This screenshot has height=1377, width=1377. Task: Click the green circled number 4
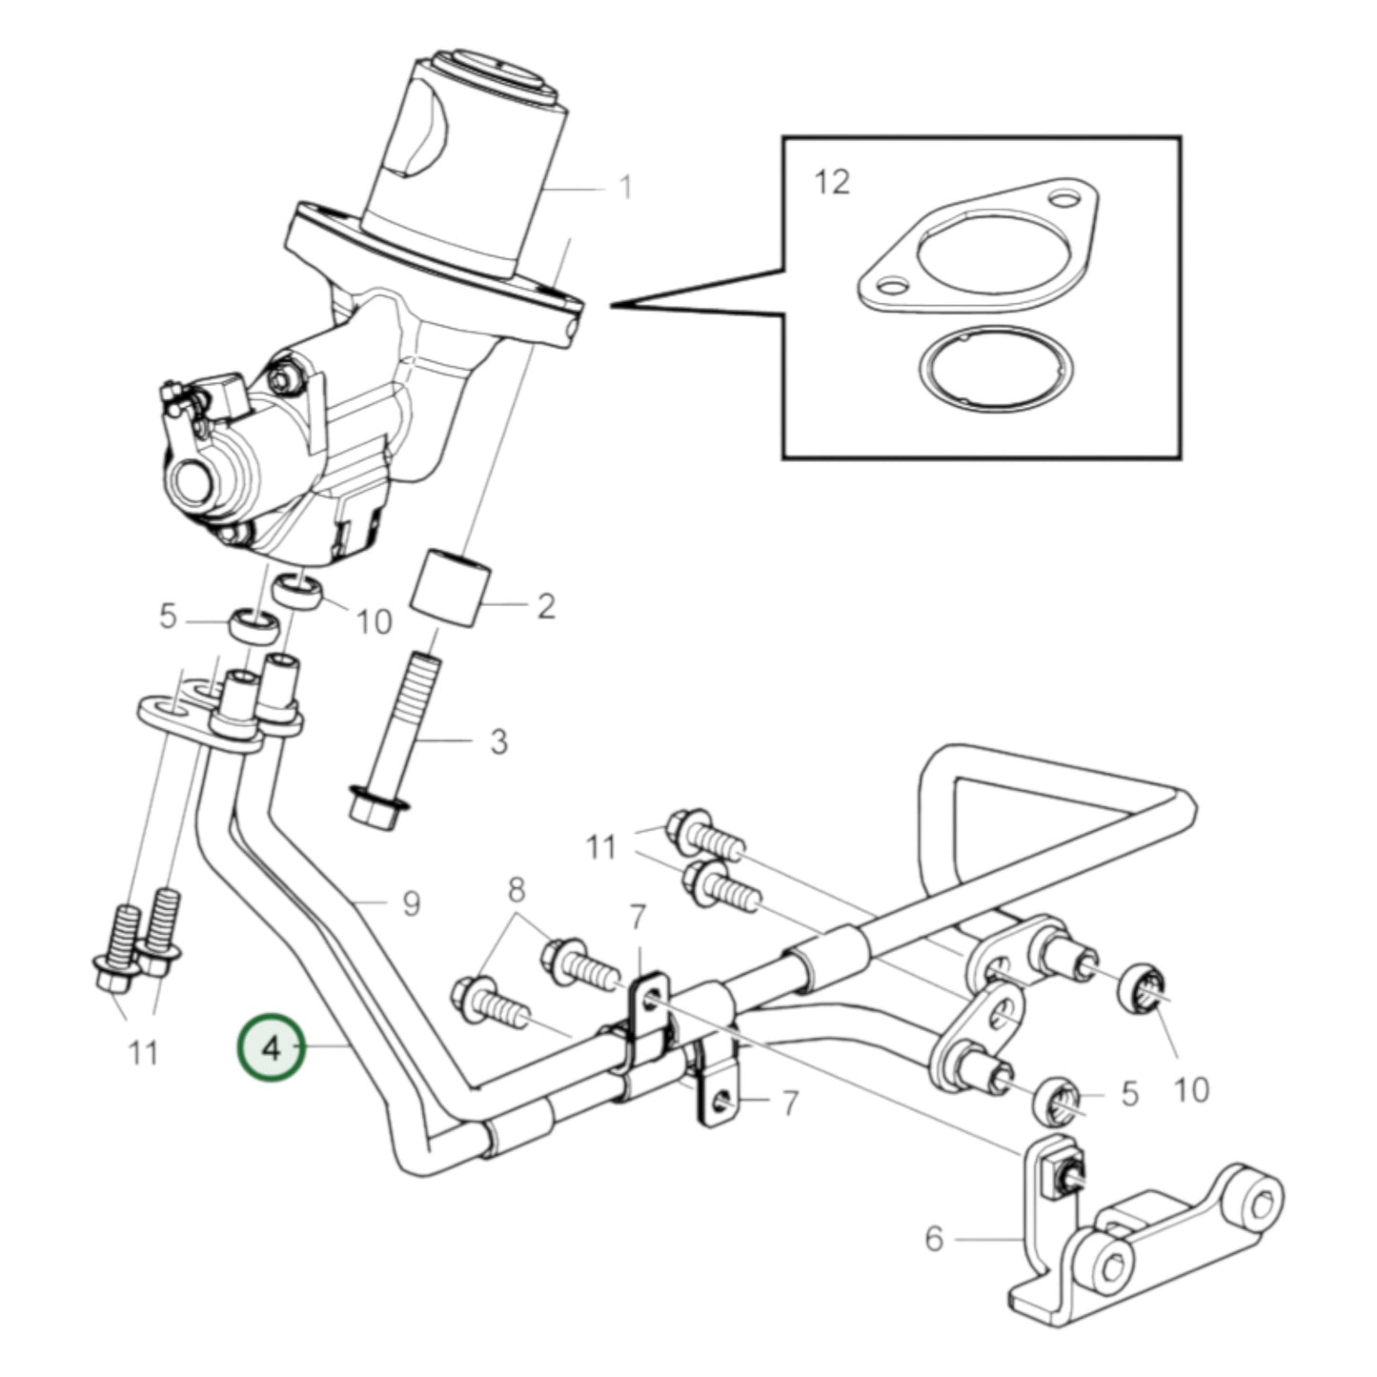[x=273, y=1048]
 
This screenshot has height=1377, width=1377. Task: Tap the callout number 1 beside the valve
[x=625, y=187]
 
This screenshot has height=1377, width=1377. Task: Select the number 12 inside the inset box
[x=832, y=181]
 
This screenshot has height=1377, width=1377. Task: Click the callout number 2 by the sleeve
[x=545, y=606]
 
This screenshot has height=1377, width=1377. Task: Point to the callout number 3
[x=498, y=741]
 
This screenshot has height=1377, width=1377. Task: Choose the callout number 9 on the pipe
[x=411, y=902]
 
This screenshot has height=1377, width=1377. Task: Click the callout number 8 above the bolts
[x=516, y=890]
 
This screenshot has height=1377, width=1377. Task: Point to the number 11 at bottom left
[x=143, y=1053]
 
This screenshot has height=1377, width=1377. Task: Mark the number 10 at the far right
[x=1192, y=1088]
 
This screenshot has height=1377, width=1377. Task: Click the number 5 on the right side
[x=1130, y=1094]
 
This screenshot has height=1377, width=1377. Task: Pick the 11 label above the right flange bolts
[x=600, y=846]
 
